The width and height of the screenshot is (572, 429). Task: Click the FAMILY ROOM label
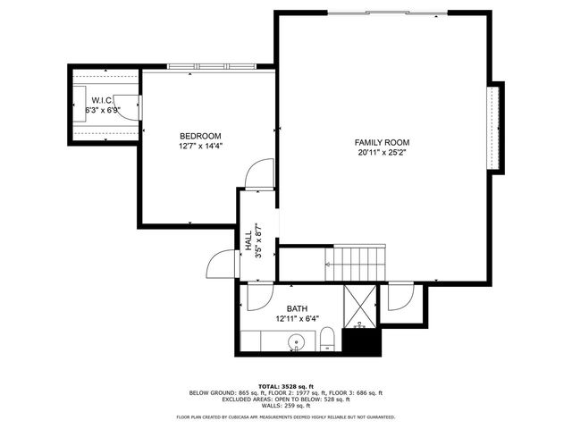382,142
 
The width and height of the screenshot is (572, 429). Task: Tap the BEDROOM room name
200,136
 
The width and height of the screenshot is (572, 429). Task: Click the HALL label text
247,240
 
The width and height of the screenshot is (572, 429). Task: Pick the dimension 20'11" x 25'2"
382,153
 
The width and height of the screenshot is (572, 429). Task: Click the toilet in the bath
327,341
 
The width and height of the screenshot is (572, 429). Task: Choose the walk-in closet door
131,105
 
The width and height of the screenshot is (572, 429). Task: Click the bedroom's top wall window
211,68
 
